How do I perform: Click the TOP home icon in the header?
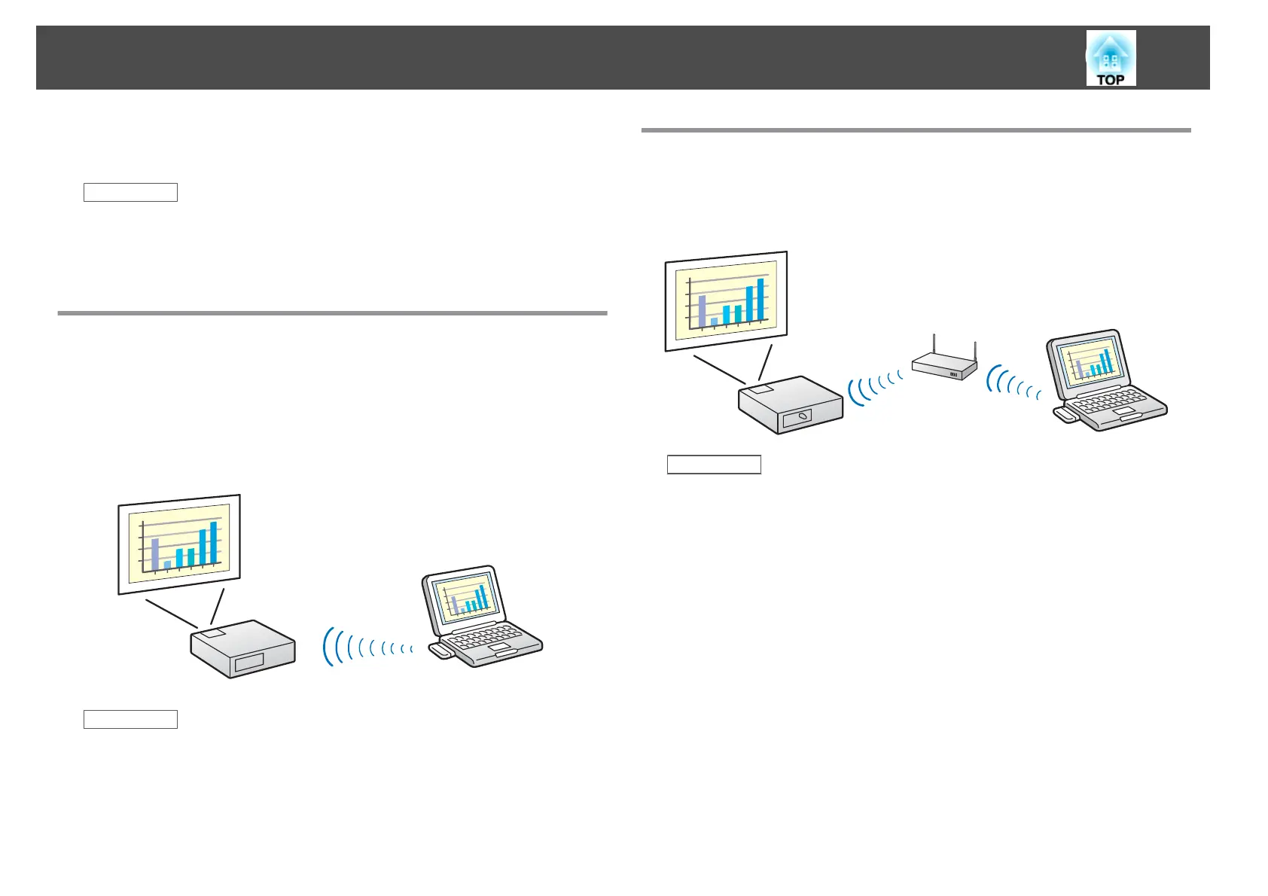pyautogui.click(x=1111, y=58)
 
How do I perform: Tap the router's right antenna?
pyautogui.click(x=975, y=352)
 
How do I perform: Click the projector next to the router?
pyautogui.click(x=790, y=407)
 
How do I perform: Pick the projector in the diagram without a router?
pyautogui.click(x=242, y=649)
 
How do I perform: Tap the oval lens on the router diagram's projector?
pyautogui.click(x=803, y=415)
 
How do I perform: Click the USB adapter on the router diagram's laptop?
pyautogui.click(x=1065, y=414)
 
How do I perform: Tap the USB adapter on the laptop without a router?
pyautogui.click(x=441, y=651)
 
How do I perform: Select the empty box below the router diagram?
pyautogui.click(x=714, y=465)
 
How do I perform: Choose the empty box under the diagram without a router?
pyautogui.click(x=130, y=719)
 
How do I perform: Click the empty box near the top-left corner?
pyautogui.click(x=130, y=193)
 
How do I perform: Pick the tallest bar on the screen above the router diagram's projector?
pyautogui.click(x=760, y=300)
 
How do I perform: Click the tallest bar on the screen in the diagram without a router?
pyautogui.click(x=213, y=543)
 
